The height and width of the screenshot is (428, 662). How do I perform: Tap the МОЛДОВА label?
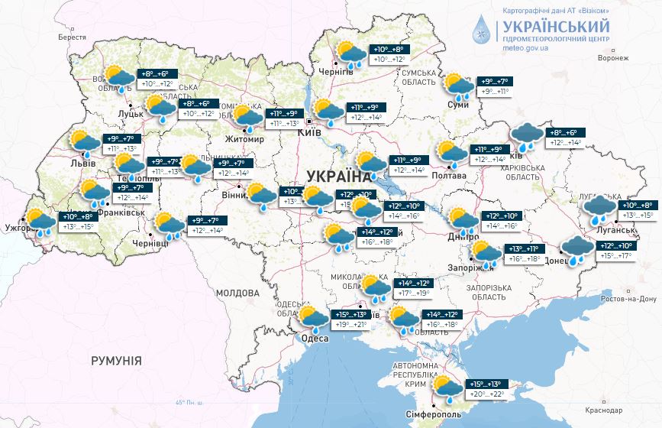pyautogui.click(x=237, y=293)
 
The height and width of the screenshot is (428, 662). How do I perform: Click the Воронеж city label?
pyautogui.click(x=612, y=57)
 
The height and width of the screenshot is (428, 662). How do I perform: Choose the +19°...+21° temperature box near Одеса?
pyautogui.click(x=351, y=325)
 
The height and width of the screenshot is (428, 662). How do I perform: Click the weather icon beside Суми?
pyautogui.click(x=457, y=86)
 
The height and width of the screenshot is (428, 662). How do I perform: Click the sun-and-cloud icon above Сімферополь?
pyautogui.click(x=446, y=388)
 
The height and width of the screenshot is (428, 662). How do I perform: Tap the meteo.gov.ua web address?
pyautogui.click(x=526, y=47)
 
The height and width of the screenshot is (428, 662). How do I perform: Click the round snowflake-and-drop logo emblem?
pyautogui.click(x=483, y=29)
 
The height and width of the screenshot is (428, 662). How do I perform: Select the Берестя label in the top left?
pyautogui.click(x=72, y=37)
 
